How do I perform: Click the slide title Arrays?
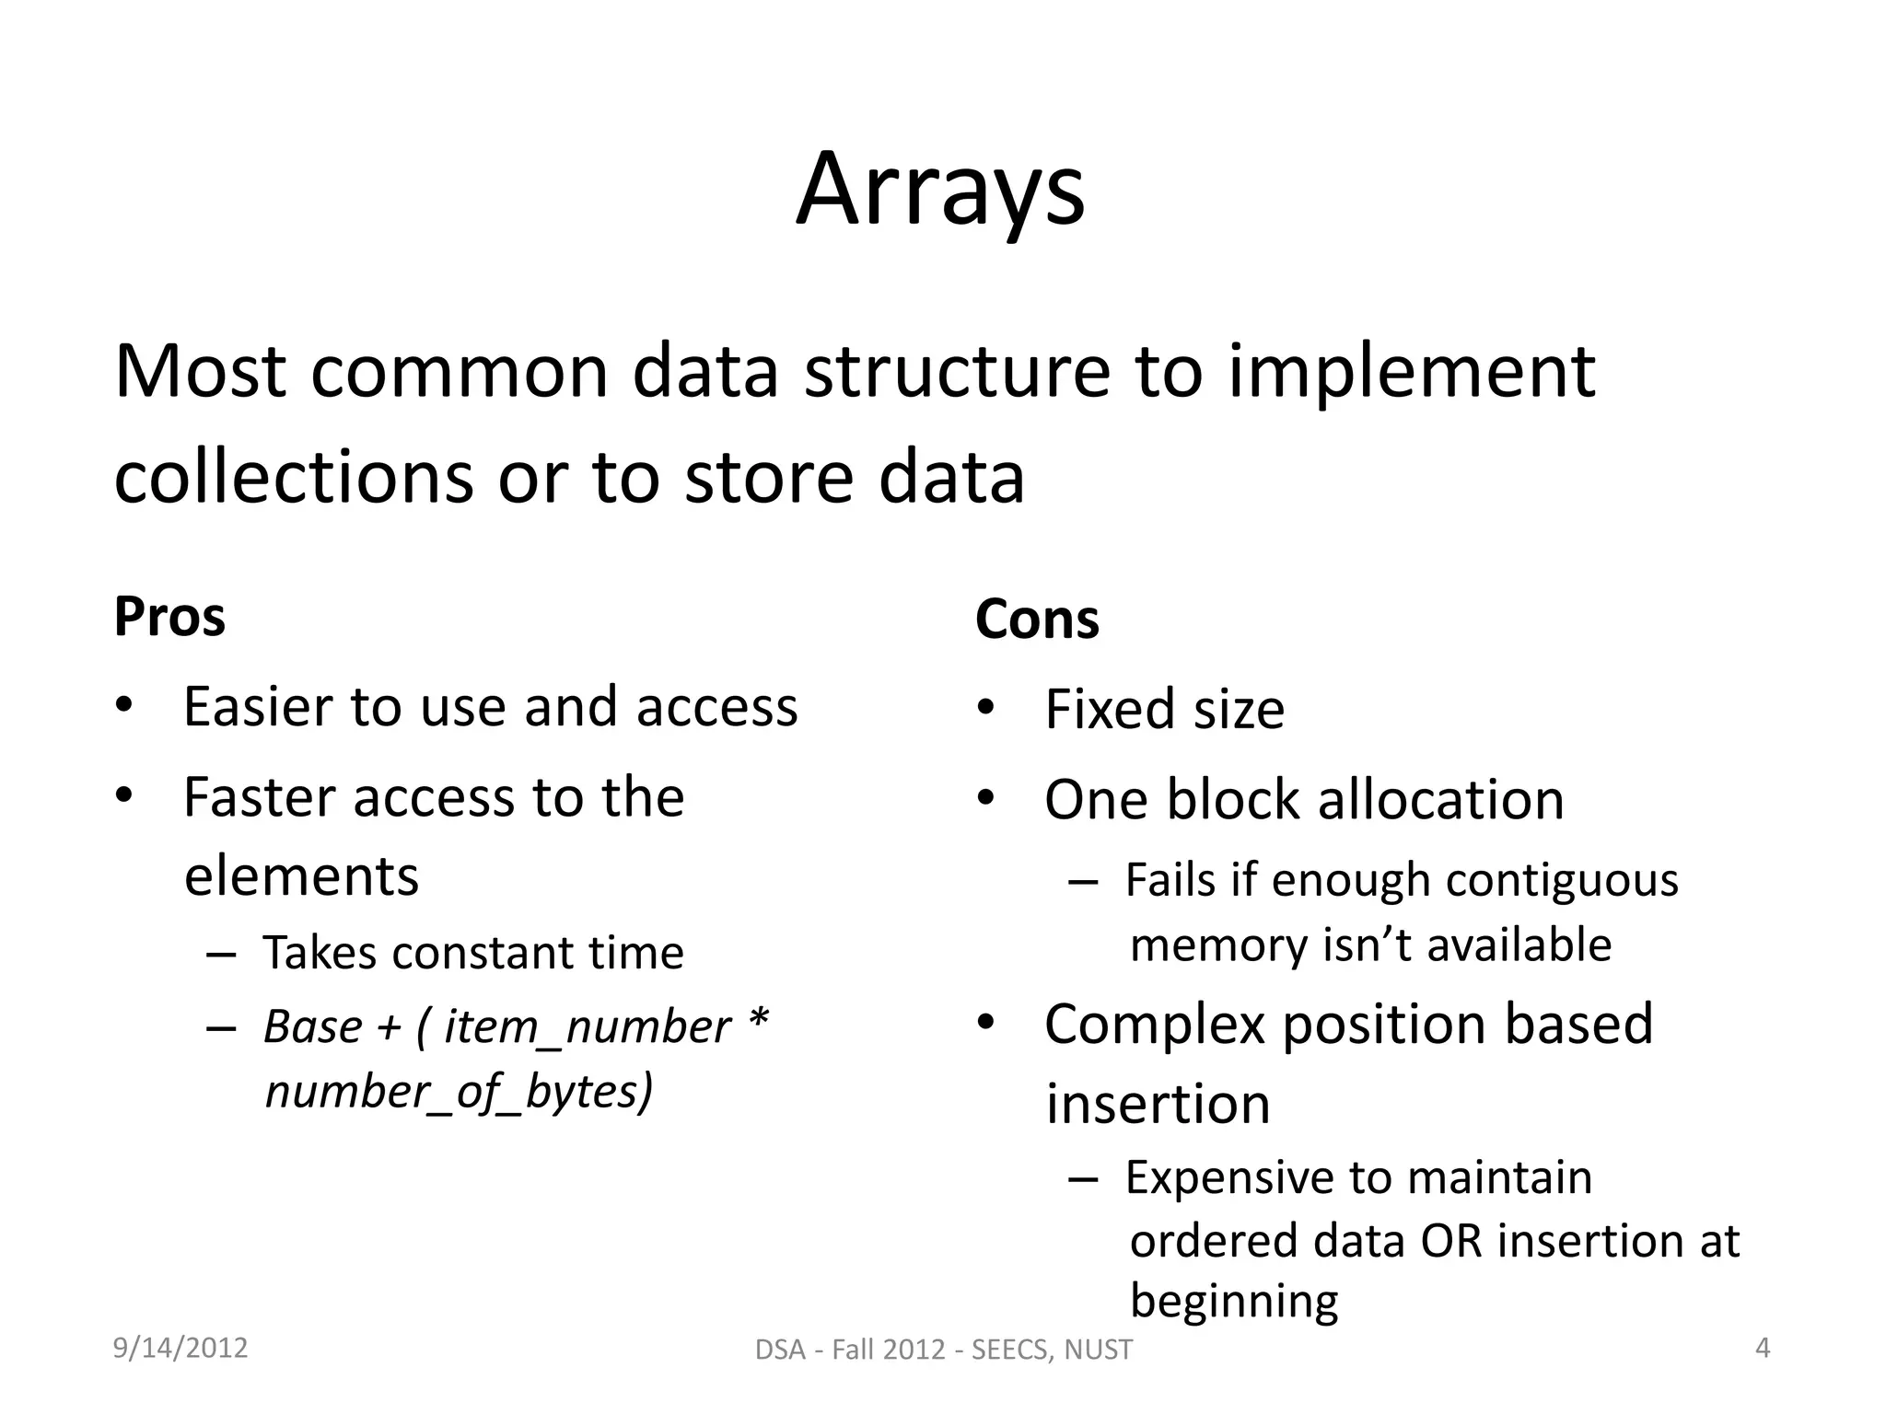pos(940,191)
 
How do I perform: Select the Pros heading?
pos(169,617)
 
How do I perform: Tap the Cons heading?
pos(1037,619)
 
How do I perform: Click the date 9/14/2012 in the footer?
pos(180,1348)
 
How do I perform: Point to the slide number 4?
pos(1763,1348)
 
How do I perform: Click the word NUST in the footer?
pos(1098,1350)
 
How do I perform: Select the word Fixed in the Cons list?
pos(1110,709)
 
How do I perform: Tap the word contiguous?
pos(1562,880)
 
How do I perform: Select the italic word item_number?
pos(588,1027)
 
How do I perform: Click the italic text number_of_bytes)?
pos(459,1092)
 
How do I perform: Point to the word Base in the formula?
pos(312,1026)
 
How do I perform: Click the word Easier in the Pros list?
pos(256,707)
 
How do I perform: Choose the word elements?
pos(301,875)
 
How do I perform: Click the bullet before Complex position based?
pos(985,1022)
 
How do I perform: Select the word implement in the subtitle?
pos(1411,372)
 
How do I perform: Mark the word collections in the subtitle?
pos(293,479)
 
